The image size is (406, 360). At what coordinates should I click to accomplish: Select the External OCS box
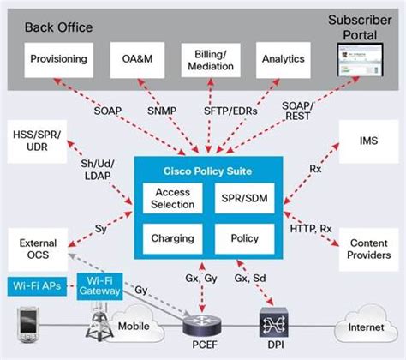[x=32, y=249]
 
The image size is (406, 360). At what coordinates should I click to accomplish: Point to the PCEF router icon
[x=200, y=325]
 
